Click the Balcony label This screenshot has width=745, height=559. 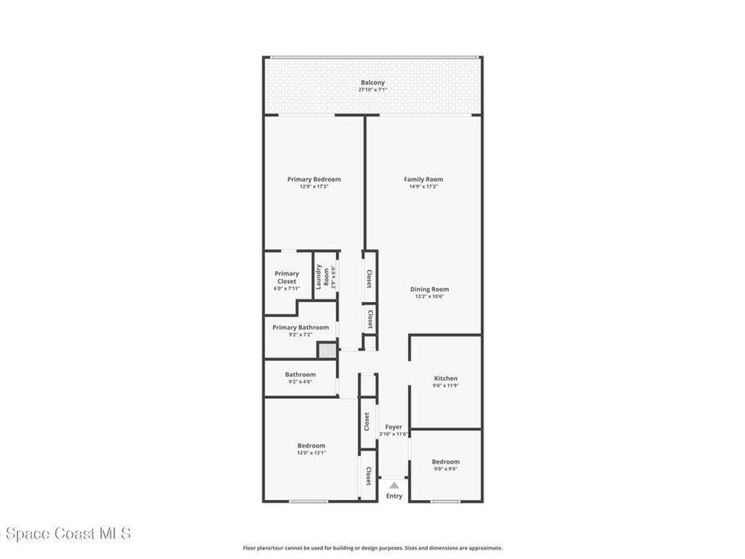(x=372, y=82)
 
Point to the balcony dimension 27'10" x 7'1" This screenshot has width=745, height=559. (x=372, y=90)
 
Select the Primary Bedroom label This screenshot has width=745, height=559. (x=314, y=179)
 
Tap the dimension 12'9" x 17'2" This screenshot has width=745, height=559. (x=314, y=186)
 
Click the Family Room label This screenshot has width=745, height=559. (x=423, y=179)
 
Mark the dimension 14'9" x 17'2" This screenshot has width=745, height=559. (x=423, y=186)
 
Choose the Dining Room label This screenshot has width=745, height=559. (x=429, y=289)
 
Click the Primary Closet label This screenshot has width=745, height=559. (x=287, y=277)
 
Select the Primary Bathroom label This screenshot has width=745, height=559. (x=300, y=328)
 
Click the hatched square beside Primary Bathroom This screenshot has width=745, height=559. (x=327, y=350)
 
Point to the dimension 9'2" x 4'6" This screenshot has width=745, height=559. (x=300, y=381)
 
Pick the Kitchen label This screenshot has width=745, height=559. (x=446, y=378)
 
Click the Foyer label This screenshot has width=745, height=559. (x=394, y=427)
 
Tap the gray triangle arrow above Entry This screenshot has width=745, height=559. (x=394, y=485)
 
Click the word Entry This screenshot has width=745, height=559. (x=394, y=496)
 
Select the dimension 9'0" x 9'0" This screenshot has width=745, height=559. (x=445, y=469)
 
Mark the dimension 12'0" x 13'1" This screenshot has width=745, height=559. (x=311, y=453)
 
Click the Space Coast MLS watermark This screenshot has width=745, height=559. (x=65, y=534)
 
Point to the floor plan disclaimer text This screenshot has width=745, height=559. (x=372, y=548)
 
